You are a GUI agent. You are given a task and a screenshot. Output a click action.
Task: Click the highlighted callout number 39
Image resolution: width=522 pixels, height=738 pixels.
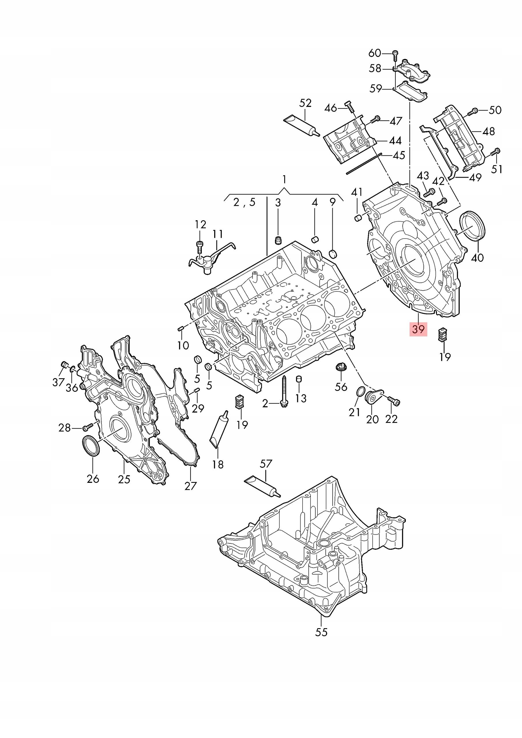click(418, 329)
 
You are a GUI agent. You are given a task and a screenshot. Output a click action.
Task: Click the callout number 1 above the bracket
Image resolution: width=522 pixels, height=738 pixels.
click(284, 179)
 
